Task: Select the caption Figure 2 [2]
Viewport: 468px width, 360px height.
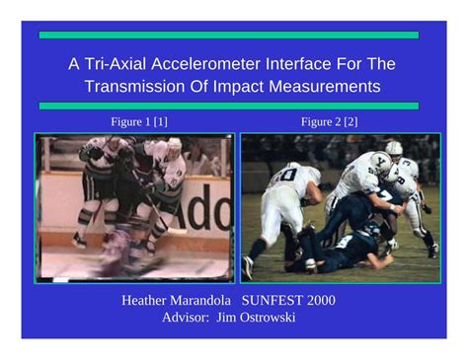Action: pos(330,121)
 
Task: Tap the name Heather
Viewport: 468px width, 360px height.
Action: pos(148,300)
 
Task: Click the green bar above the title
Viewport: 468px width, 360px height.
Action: pos(228,35)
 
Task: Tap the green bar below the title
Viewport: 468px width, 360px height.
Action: pos(228,106)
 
